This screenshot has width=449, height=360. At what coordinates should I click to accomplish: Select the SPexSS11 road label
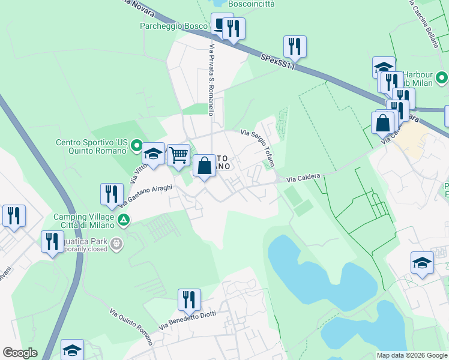point(279,62)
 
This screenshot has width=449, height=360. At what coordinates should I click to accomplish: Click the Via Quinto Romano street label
point(131,325)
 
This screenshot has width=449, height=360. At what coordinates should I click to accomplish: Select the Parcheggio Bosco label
point(173,26)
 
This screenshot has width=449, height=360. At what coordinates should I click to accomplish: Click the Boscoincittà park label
point(251,4)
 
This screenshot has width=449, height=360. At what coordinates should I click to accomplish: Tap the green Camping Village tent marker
point(123,220)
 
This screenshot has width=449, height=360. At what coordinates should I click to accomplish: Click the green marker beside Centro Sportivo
point(137,145)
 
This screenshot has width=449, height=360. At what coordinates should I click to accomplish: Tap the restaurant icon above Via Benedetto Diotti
point(189,299)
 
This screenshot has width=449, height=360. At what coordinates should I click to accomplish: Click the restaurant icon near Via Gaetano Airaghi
point(112,194)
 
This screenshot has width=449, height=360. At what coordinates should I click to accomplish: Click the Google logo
point(20,353)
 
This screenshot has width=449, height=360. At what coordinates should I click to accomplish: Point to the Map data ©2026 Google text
point(412,355)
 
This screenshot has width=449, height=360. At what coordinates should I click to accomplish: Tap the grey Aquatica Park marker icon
point(116,244)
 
